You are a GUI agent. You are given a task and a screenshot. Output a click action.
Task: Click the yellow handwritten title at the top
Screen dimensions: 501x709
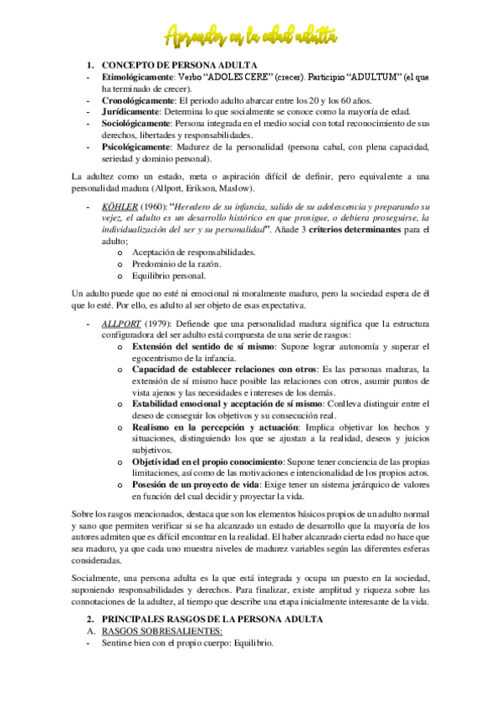click(251, 35)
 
